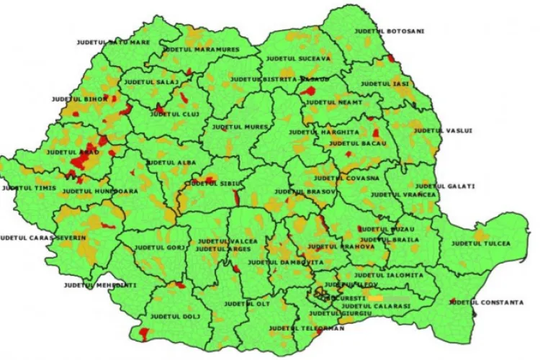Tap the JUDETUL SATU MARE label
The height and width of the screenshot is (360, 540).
point(113,42)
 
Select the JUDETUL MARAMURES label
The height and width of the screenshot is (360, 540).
point(192,50)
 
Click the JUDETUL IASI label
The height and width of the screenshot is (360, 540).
point(384,84)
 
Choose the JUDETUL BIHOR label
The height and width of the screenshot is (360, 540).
point(80,99)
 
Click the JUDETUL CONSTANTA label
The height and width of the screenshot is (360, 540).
point(486,302)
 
